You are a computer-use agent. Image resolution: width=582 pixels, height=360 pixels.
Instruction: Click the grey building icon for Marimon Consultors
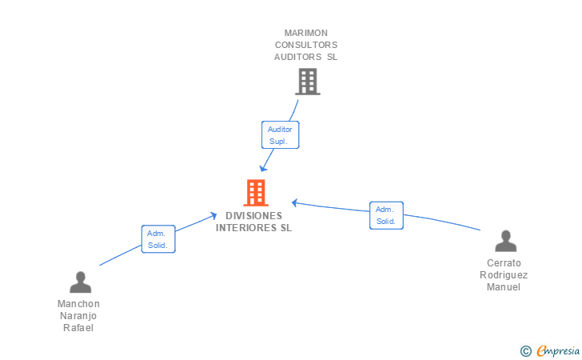(x=307, y=81)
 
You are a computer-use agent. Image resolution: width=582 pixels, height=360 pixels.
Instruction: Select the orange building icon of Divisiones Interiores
(x=255, y=192)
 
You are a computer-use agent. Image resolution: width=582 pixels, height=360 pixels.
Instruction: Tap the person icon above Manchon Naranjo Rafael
(x=80, y=282)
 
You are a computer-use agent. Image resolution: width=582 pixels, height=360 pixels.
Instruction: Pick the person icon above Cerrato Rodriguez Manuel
(x=504, y=241)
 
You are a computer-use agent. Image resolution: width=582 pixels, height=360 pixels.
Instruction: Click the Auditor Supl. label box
(x=280, y=134)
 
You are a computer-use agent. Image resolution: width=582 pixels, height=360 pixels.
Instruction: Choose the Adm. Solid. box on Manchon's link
(x=158, y=239)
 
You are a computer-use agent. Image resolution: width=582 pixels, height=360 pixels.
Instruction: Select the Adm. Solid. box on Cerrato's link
(x=386, y=215)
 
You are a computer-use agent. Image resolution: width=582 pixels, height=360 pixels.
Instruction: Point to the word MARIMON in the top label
(x=306, y=33)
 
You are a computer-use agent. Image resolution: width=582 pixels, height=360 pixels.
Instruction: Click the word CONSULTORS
(x=306, y=45)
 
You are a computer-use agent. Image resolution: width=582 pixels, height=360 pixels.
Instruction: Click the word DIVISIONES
(x=254, y=216)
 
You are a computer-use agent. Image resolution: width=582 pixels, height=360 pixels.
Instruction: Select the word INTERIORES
(x=245, y=227)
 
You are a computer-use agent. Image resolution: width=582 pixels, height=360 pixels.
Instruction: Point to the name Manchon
(x=79, y=304)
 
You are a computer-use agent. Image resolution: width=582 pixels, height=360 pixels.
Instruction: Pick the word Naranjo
(x=79, y=316)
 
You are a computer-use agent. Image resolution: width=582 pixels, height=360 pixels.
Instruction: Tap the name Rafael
(x=79, y=328)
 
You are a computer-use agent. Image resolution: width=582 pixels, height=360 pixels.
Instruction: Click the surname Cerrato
(x=504, y=263)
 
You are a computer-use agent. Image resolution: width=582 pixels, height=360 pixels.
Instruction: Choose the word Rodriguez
(x=504, y=275)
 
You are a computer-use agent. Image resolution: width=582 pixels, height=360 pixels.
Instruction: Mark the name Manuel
(x=504, y=287)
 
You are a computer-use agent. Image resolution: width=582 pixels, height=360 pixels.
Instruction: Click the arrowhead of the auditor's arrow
(x=263, y=168)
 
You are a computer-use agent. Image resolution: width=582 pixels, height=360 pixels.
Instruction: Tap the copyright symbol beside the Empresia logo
(x=525, y=350)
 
